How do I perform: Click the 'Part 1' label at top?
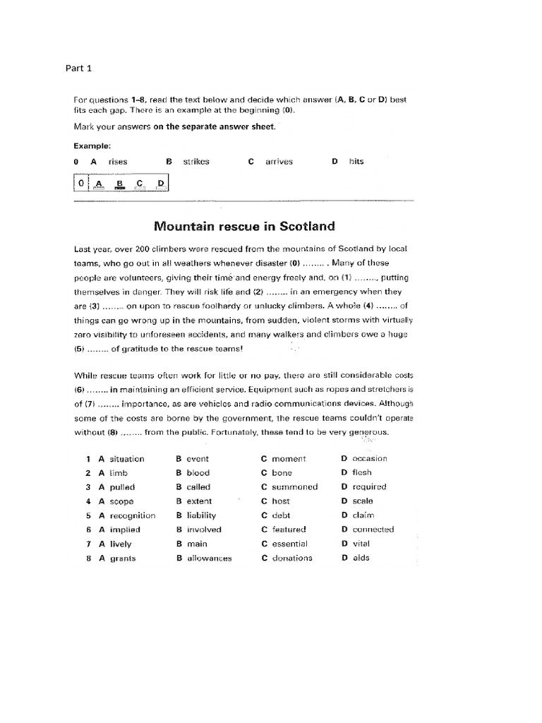(x=79, y=68)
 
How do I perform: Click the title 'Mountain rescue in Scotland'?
(x=244, y=227)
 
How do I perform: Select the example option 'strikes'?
(x=196, y=162)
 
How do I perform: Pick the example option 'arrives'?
(x=279, y=162)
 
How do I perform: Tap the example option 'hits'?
(x=356, y=162)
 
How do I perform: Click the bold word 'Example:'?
(x=92, y=145)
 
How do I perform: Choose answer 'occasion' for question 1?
(x=370, y=459)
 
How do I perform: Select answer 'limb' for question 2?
(x=119, y=473)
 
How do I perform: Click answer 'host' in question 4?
(x=281, y=501)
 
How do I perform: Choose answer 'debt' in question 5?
(x=281, y=515)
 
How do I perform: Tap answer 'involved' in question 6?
(x=204, y=530)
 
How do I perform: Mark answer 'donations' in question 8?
(x=291, y=558)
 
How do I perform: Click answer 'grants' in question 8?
(x=122, y=558)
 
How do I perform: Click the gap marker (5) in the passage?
(x=80, y=348)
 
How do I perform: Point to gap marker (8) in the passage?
(x=110, y=432)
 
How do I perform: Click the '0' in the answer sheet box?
(x=81, y=184)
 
